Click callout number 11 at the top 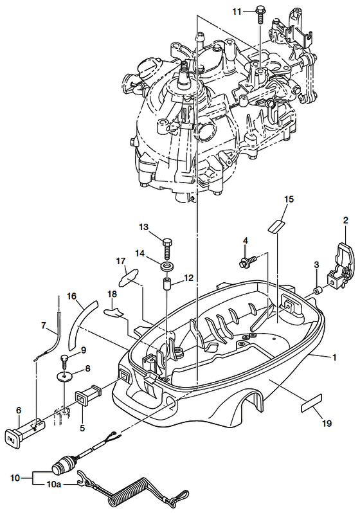pyautogui.click(x=237, y=12)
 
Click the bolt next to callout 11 pyautogui.click(x=260, y=14)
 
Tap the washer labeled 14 pyautogui.click(x=166, y=266)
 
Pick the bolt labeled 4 pyautogui.click(x=248, y=261)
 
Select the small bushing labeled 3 pyautogui.click(x=317, y=291)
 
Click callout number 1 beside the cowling pyautogui.click(x=334, y=358)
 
